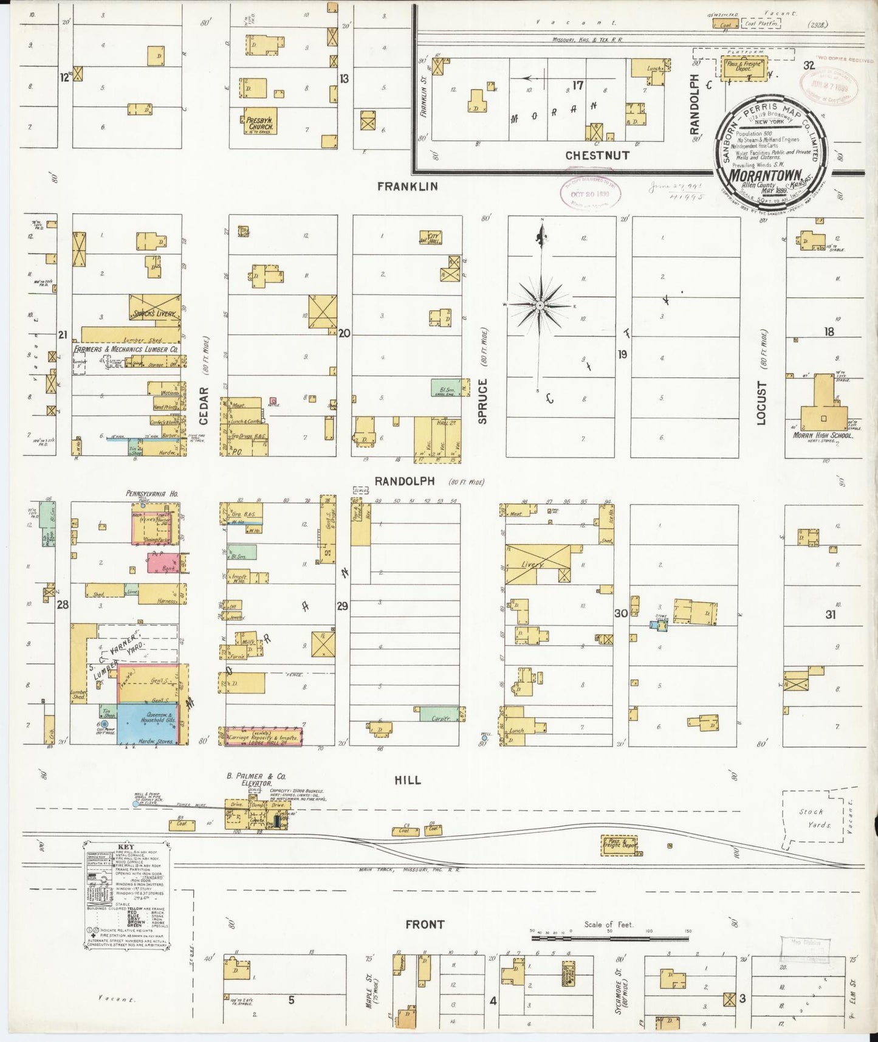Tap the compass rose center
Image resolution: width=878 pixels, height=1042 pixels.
540,305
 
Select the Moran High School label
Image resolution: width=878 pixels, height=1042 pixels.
823,435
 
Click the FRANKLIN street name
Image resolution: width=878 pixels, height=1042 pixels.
407,187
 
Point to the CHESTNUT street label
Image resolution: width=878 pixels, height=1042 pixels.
597,156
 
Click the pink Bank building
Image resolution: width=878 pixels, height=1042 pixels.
163,562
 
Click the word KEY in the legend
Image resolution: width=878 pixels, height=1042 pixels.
126,846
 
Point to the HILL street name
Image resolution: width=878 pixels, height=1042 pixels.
407,780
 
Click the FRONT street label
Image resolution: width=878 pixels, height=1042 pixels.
425,924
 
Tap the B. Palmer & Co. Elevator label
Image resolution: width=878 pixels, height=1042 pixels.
256,779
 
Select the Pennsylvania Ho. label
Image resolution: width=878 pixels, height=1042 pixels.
151,494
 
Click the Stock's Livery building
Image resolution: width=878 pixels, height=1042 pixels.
155,311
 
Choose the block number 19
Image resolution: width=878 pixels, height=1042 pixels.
622,354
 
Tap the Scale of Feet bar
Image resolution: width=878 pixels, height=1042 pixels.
609,938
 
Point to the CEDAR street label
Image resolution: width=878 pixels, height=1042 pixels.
204,405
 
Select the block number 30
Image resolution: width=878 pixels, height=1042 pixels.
620,613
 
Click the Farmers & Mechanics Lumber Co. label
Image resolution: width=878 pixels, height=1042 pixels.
126,350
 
